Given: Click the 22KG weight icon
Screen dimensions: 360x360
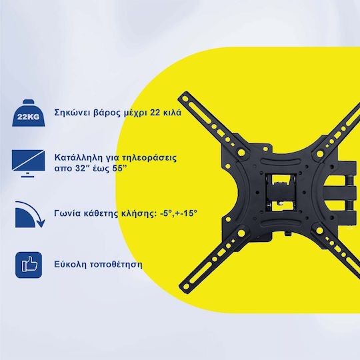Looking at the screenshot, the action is click(x=29, y=113).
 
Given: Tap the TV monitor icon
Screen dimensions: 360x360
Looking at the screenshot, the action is click(x=28, y=163).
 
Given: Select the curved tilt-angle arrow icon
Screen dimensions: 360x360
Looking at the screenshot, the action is click(x=29, y=215).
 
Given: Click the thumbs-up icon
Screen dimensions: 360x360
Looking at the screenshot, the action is click(x=29, y=265).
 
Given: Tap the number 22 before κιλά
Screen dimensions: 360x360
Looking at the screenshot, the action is click(x=155, y=113).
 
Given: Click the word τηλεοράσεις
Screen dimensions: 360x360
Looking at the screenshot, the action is click(x=149, y=158).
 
